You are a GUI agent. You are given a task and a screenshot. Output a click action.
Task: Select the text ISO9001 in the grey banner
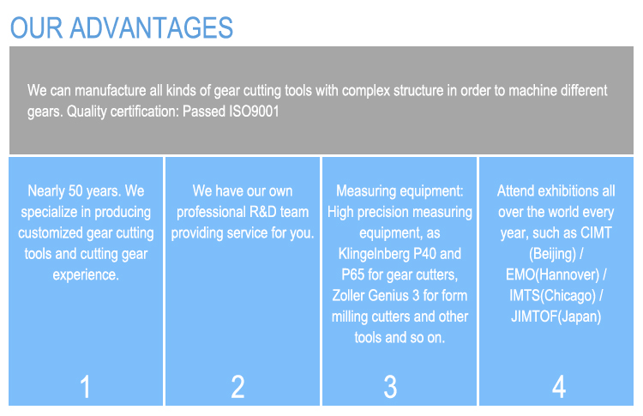pos(255,111)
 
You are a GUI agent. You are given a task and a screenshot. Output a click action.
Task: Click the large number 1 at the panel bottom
pos(86,387)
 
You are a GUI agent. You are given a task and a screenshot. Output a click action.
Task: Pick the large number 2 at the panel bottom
pos(238,387)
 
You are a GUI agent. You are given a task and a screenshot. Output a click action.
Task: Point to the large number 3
pos(390,387)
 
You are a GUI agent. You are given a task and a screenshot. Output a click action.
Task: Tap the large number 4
pos(558,387)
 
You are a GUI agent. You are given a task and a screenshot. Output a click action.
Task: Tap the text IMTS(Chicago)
pos(555,295)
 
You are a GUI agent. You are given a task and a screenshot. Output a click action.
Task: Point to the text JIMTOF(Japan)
pos(555,316)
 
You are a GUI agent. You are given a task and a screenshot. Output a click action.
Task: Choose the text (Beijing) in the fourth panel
pos(556,253)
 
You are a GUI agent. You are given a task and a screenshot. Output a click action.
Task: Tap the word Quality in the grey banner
pos(88,111)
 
